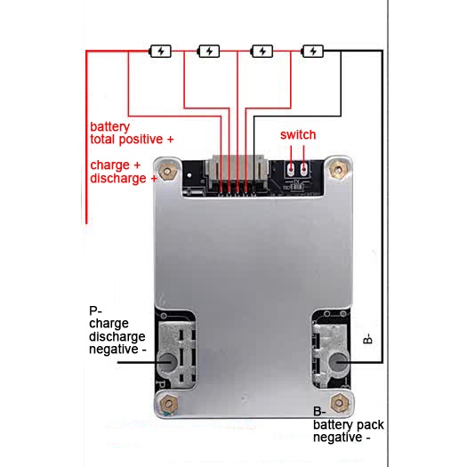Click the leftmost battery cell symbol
[x=160, y=52]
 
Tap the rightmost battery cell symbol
[x=312, y=52]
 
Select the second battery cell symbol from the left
[x=208, y=52]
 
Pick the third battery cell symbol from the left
[x=262, y=52]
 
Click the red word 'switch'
[x=298, y=134]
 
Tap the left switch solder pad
[x=291, y=170]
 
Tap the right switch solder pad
[x=303, y=170]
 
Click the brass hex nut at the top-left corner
[x=167, y=172]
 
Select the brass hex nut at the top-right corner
[x=337, y=170]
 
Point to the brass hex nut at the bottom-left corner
[x=169, y=404]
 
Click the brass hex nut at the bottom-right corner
[x=340, y=403]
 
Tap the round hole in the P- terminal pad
[x=168, y=362]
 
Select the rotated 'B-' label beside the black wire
[x=368, y=339]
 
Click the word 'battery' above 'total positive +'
[x=110, y=127]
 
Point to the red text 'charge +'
[x=115, y=165]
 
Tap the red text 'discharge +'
[x=124, y=179]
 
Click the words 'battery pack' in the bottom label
[x=349, y=425]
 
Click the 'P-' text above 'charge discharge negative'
[x=95, y=310]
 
